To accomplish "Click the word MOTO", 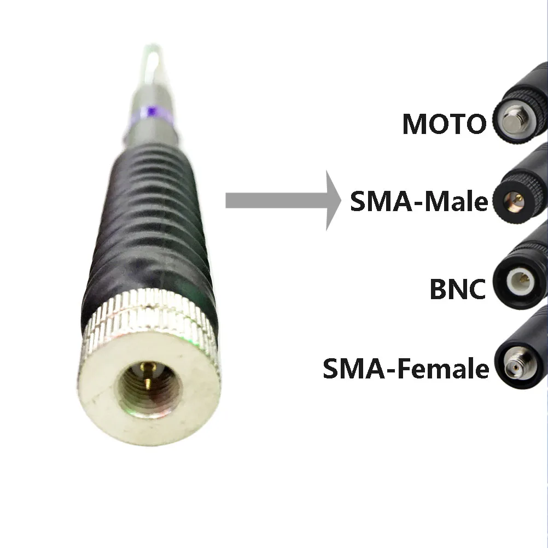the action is [x=444, y=124].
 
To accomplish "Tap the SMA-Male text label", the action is [x=418, y=202].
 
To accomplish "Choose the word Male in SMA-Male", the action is [x=457, y=202].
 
